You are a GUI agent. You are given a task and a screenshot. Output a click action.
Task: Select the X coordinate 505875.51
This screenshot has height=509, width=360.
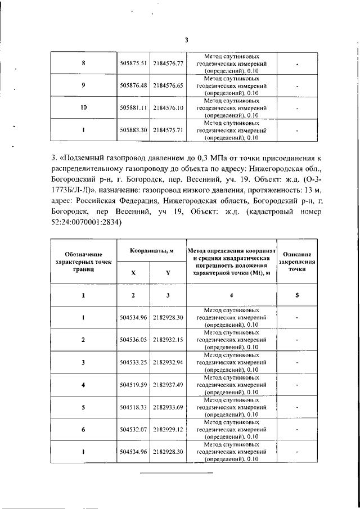click(133, 64)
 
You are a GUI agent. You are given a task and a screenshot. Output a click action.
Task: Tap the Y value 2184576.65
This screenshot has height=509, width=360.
click(169, 85)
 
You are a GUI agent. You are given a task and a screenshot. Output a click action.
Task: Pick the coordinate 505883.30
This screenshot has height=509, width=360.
click(133, 130)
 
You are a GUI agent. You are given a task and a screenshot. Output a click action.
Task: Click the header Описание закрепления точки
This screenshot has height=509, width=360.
click(298, 262)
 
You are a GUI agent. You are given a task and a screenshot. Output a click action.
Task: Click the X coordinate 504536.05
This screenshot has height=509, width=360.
click(133, 340)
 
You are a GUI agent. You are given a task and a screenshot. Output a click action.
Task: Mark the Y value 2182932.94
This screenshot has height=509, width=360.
click(169, 363)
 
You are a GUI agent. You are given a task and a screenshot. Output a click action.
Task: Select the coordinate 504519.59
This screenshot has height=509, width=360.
click(133, 385)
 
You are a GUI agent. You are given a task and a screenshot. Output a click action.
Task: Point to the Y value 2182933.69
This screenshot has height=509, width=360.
click(169, 407)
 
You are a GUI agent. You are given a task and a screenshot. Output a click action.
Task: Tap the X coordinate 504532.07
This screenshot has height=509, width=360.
click(133, 429)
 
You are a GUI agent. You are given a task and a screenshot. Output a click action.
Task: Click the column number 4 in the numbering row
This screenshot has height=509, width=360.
click(231, 296)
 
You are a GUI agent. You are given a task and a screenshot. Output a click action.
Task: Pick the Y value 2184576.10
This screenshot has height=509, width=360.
click(169, 107)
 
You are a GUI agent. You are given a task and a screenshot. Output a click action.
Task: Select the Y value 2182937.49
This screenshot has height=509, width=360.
click(169, 385)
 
